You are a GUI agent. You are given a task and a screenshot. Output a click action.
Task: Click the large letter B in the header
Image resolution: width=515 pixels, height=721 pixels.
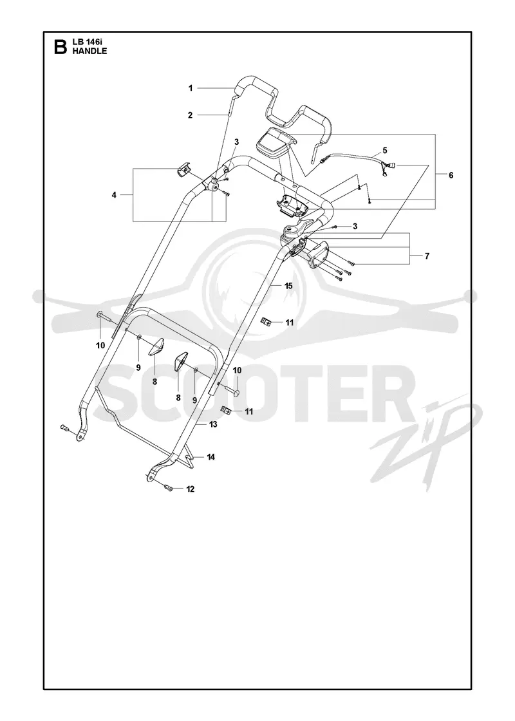[60, 47]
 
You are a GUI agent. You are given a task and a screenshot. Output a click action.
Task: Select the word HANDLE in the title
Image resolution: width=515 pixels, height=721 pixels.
[89, 51]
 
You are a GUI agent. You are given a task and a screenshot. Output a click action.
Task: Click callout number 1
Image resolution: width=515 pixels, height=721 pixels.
[191, 88]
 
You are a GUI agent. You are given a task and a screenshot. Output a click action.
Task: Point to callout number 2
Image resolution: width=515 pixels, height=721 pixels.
[191, 115]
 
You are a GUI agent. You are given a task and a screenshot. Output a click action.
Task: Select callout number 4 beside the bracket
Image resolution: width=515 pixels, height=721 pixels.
[114, 195]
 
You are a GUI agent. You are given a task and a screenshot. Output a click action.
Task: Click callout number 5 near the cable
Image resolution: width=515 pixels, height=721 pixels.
[385, 151]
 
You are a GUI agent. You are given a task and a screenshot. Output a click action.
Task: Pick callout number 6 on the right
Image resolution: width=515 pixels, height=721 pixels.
[451, 175]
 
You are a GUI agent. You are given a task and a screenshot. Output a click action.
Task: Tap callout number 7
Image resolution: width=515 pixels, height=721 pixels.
[427, 256]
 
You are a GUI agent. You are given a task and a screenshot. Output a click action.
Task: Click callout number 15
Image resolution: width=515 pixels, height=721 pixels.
[288, 286]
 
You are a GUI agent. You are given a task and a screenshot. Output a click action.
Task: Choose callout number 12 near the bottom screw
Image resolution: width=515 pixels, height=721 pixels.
[190, 489]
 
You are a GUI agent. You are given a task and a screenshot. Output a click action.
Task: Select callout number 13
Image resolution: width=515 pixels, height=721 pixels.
[213, 424]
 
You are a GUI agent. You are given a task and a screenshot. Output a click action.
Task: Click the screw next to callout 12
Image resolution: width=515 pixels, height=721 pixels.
[168, 488]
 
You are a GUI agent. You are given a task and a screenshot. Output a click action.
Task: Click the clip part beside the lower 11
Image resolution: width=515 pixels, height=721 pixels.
[226, 409]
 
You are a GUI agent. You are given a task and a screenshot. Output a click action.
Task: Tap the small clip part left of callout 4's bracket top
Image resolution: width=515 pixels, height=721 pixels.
[185, 168]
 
